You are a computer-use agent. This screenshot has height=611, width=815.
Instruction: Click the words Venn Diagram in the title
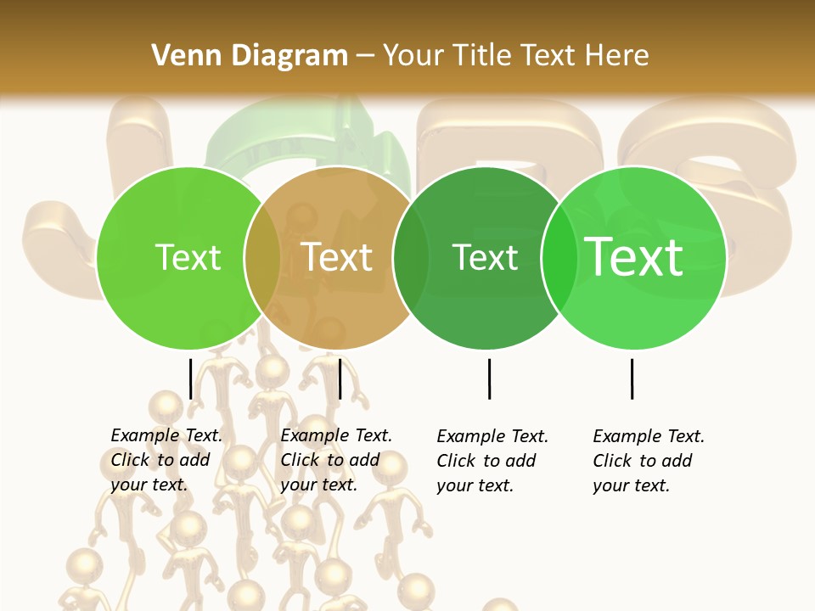[x=249, y=56]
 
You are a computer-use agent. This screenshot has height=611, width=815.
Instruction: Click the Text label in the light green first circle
[x=188, y=257]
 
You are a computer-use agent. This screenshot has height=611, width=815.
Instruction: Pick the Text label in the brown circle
[x=337, y=257]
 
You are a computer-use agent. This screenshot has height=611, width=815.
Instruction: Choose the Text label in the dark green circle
[x=485, y=257]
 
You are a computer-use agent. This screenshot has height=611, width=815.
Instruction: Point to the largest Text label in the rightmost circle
[x=633, y=257]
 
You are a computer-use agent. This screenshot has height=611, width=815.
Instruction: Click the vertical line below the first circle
[x=190, y=378]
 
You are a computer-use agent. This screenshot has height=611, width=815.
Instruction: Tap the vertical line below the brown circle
[x=340, y=378]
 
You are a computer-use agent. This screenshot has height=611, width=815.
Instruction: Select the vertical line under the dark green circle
[x=489, y=378]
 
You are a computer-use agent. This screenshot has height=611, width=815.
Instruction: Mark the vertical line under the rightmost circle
[x=632, y=378]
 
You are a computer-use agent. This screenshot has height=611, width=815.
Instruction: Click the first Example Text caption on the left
[x=166, y=460]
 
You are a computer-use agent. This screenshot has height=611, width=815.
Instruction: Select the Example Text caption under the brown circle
[x=335, y=460]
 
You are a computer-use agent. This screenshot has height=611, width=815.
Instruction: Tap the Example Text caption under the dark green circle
[x=492, y=461]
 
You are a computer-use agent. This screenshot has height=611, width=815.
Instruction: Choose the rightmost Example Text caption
[x=648, y=461]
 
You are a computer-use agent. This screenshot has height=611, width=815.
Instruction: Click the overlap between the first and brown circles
[x=262, y=258]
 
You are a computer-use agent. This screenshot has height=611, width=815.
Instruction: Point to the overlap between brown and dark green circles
[x=411, y=258]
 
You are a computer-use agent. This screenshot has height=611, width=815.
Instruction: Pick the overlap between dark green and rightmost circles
[x=559, y=258]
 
